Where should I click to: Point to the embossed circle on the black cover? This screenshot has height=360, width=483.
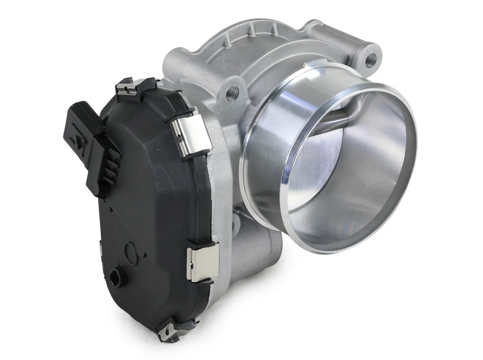point(132,256)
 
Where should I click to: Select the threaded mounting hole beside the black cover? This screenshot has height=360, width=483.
point(232,93)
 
